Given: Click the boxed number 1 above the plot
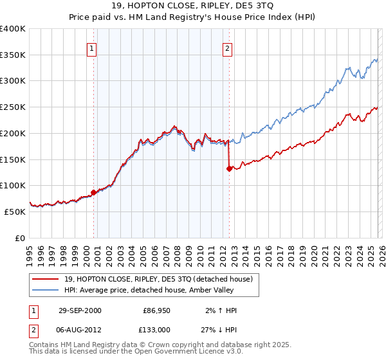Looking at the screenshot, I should click(x=91, y=48).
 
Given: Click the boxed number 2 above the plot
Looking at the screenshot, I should click(x=227, y=48).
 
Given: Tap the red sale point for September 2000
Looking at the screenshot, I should click(x=94, y=192).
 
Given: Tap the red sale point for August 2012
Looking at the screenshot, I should click(x=228, y=168).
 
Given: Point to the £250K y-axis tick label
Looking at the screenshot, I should click(x=13, y=107).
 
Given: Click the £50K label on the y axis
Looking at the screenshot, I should click(x=15, y=212).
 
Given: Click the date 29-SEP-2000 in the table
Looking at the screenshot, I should click(x=79, y=310).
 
